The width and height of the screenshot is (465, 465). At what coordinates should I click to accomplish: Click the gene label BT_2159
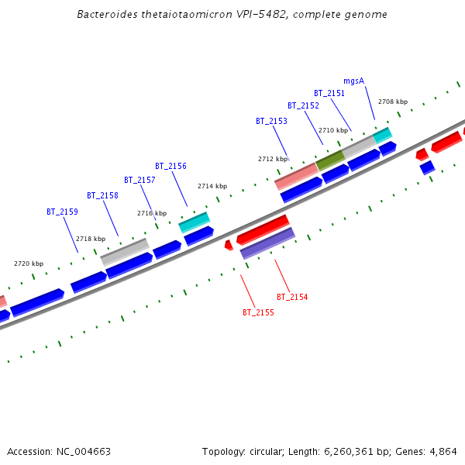click(62, 212)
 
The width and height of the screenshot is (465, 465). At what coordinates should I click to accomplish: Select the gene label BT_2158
click(102, 196)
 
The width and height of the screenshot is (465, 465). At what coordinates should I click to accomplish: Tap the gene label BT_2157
click(139, 180)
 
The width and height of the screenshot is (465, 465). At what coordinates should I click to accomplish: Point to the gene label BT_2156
click(170, 166)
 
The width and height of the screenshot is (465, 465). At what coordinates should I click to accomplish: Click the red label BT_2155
click(258, 313)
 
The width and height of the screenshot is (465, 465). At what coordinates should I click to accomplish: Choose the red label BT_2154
click(292, 297)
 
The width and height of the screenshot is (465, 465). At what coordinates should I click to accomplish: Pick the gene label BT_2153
click(271, 121)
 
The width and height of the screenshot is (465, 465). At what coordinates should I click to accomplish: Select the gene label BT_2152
click(303, 105)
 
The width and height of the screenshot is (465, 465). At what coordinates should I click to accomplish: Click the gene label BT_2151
click(329, 93)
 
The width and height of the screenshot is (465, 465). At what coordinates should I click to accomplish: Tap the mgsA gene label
click(353, 81)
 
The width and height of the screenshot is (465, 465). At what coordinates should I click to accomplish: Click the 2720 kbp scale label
click(29, 263)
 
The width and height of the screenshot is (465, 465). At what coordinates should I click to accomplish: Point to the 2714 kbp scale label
click(212, 186)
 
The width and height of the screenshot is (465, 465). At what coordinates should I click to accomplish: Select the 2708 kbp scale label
click(392, 102)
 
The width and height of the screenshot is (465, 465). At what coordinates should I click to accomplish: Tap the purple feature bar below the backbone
click(267, 243)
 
